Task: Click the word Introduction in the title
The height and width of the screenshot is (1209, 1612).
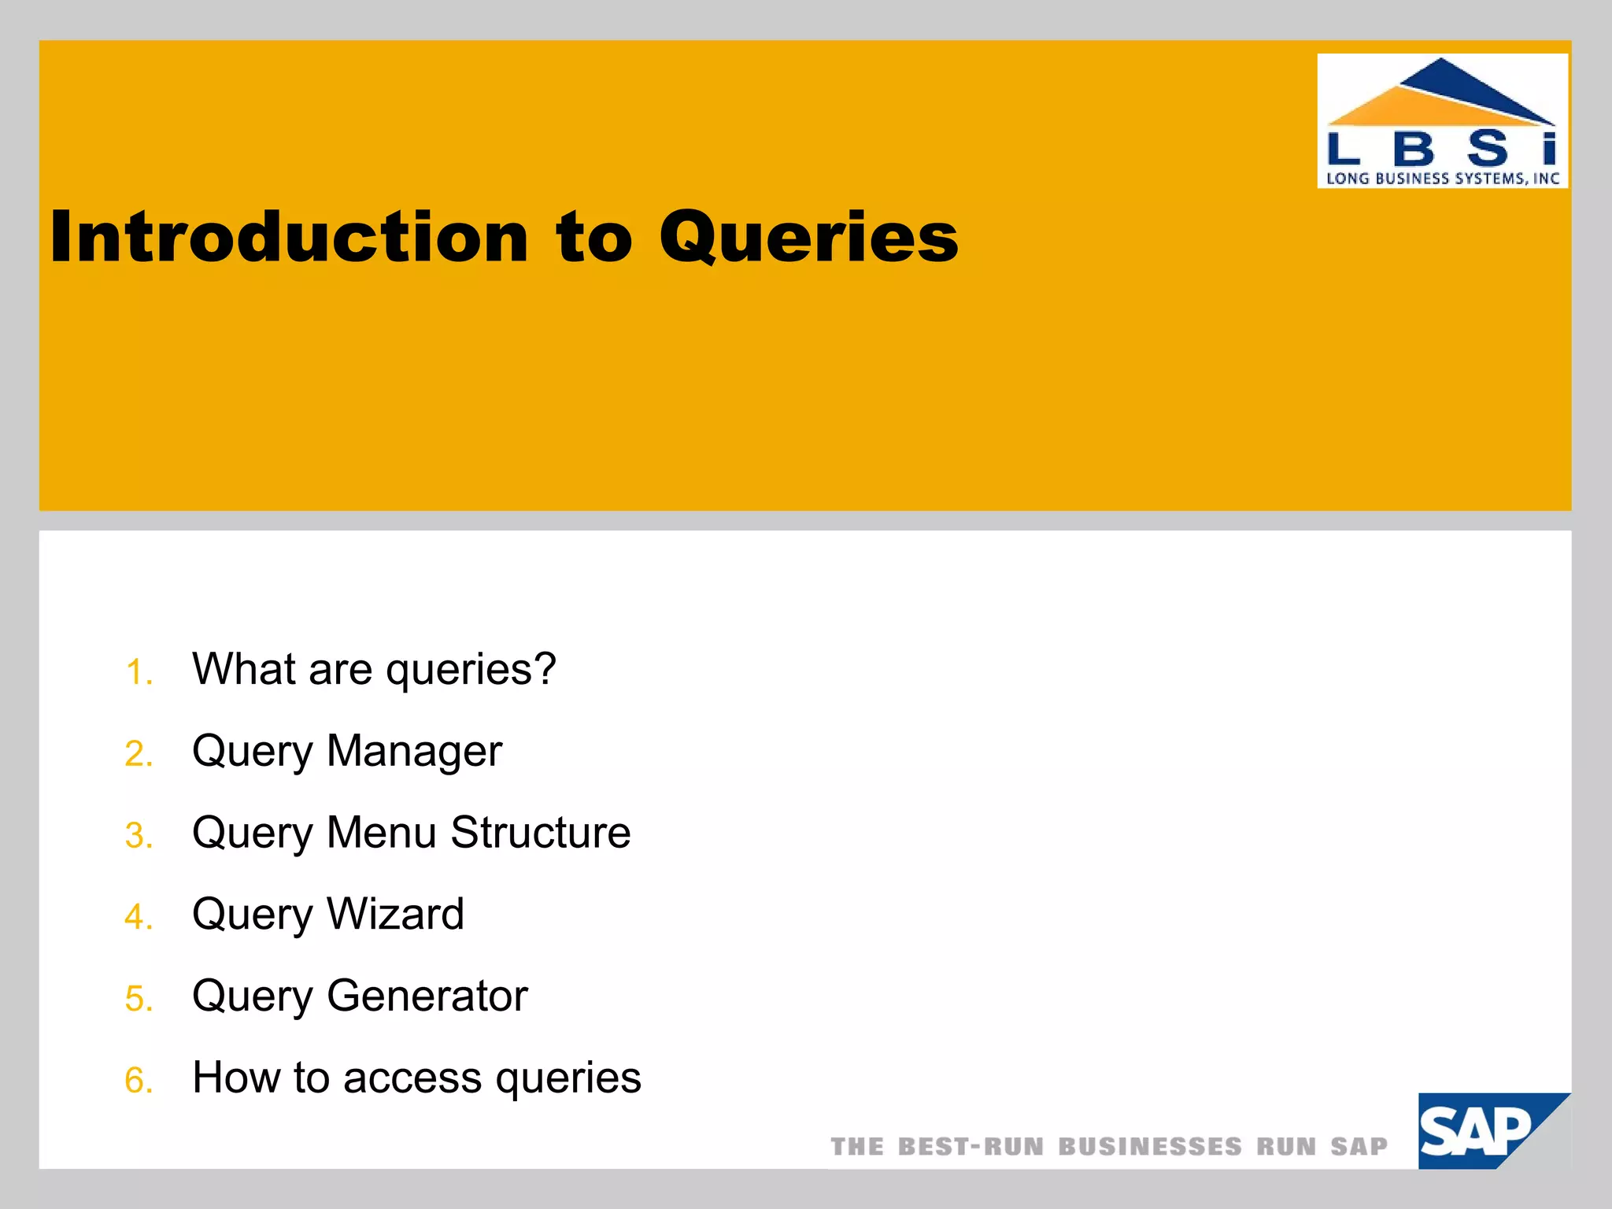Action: (x=289, y=237)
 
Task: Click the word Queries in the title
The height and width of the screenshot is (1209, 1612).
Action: (x=808, y=237)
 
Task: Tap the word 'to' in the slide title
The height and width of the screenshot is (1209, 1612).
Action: (x=593, y=237)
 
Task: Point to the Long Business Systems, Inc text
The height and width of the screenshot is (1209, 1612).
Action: (x=1442, y=179)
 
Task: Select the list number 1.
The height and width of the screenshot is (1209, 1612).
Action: (x=139, y=673)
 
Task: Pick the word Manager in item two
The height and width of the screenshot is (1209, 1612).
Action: (x=414, y=750)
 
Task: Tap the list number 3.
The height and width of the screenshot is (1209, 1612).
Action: (x=139, y=835)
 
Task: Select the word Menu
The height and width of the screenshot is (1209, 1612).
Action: (x=381, y=832)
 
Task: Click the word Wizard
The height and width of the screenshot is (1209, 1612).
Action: (x=395, y=914)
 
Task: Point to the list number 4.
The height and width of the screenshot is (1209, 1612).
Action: (x=139, y=917)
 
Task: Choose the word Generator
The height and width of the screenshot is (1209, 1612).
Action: (x=427, y=996)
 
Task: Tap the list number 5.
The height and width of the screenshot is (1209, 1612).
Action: (x=139, y=999)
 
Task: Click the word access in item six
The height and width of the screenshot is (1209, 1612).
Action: (x=412, y=1078)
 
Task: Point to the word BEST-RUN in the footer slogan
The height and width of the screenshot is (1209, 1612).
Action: (x=971, y=1147)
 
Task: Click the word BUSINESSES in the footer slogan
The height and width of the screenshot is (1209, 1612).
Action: (x=1150, y=1147)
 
